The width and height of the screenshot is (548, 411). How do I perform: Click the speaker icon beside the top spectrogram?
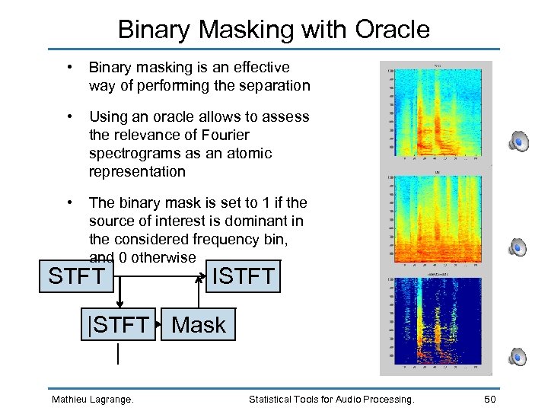(518, 141)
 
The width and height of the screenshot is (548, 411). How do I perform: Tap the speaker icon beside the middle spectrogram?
(518, 247)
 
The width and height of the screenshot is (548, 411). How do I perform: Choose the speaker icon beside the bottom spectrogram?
(518, 355)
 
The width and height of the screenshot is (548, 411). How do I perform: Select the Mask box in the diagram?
(199, 325)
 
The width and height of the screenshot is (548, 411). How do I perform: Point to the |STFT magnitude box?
(118, 325)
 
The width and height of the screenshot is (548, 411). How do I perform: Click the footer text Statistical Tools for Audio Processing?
(332, 399)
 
